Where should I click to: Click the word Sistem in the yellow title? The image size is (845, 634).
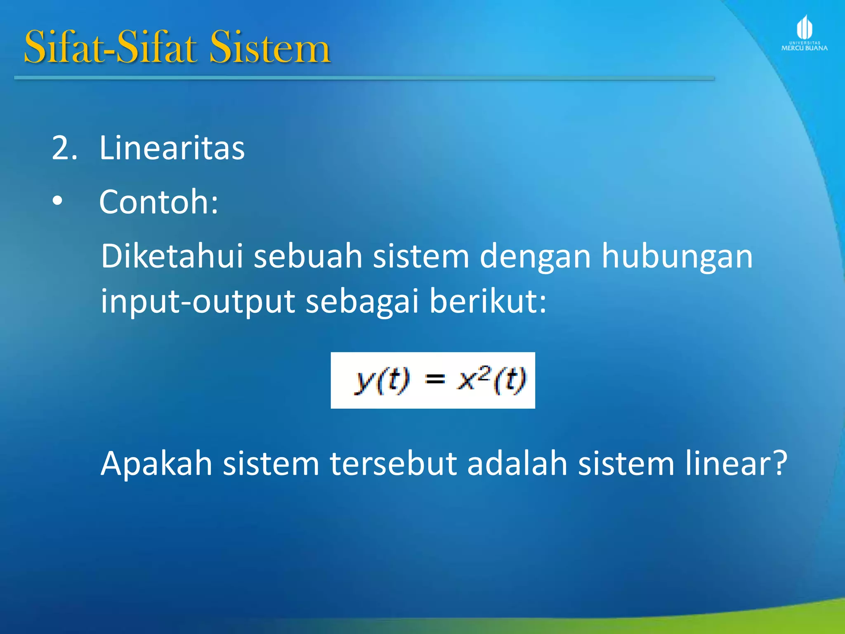click(270, 48)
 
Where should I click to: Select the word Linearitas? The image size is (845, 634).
click(172, 148)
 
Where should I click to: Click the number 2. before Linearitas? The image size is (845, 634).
click(64, 148)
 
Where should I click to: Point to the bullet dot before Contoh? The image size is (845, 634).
click(58, 201)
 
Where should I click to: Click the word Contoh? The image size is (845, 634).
click(159, 202)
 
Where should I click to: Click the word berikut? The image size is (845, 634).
click(488, 300)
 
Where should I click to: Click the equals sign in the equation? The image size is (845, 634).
click(435, 379)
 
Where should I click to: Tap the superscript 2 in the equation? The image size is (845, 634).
click(485, 372)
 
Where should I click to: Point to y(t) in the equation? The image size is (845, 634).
click(382, 380)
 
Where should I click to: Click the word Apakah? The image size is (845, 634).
click(156, 463)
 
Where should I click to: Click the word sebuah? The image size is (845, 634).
click(308, 256)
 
